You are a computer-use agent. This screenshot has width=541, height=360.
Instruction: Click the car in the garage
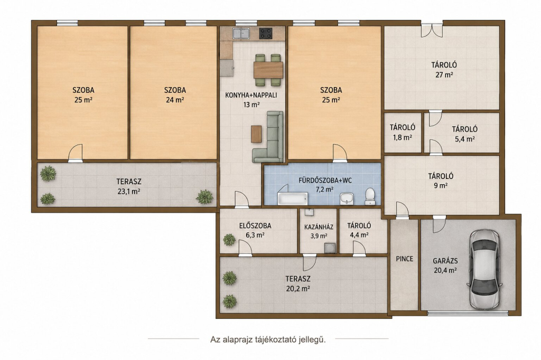click(x=484, y=270)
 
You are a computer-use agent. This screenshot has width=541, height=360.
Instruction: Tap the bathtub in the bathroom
click(x=293, y=199)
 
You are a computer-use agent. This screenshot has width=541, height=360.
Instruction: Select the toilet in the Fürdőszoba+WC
click(x=370, y=196)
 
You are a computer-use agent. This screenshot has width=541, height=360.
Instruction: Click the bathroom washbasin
click(x=347, y=198)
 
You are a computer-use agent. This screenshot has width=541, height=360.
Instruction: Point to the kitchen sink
click(x=241, y=33)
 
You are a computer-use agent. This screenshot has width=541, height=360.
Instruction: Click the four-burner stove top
click(x=266, y=33)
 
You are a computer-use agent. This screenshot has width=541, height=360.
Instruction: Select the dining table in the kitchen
click(x=268, y=70)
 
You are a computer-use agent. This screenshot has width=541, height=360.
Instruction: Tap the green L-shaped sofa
click(x=268, y=137)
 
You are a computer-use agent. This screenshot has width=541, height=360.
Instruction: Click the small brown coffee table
click(x=256, y=134)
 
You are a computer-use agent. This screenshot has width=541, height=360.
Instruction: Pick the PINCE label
click(x=404, y=259)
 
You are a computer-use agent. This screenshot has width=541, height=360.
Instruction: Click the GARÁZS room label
click(x=445, y=261)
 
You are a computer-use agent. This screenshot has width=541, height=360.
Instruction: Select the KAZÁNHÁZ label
click(x=319, y=227)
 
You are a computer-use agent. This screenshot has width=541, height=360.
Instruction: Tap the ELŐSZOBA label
click(x=255, y=226)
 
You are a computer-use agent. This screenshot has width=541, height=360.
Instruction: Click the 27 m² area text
click(x=444, y=74)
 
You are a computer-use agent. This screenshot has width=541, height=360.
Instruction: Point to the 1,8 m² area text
click(x=403, y=137)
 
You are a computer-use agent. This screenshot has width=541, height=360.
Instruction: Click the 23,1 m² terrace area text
click(x=129, y=192)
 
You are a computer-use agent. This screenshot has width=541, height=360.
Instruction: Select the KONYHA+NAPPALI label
click(x=251, y=95)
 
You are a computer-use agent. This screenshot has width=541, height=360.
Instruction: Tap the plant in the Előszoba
click(x=229, y=240)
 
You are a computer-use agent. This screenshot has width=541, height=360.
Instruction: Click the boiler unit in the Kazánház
click(x=330, y=248)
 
